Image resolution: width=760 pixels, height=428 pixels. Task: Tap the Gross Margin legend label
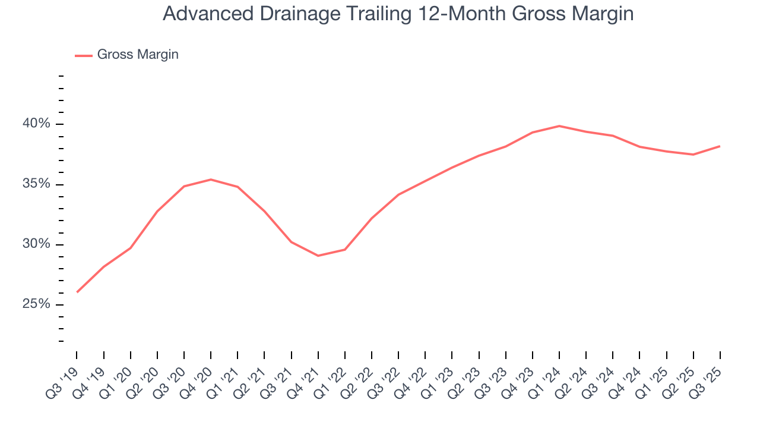pyautogui.click(x=138, y=55)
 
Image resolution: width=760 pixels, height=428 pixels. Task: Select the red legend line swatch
pyautogui.click(x=84, y=55)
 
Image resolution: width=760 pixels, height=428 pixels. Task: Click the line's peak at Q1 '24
pyautogui.click(x=559, y=126)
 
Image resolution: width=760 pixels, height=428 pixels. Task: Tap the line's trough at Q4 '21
pyautogui.click(x=318, y=256)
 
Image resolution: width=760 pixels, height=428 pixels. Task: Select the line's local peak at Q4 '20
pyautogui.click(x=211, y=180)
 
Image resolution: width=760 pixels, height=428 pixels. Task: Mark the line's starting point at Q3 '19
pyautogui.click(x=77, y=292)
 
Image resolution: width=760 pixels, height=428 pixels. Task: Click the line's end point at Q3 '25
pyautogui.click(x=720, y=146)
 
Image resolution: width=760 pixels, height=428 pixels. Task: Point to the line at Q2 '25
pyautogui.click(x=693, y=155)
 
